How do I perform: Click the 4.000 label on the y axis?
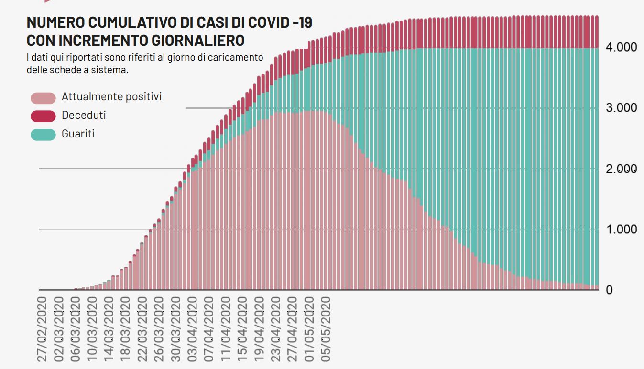(622, 47)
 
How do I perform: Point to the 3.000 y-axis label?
(622, 108)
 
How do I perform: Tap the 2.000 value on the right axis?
(622, 169)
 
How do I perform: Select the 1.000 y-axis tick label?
(622, 230)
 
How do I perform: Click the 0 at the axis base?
(609, 290)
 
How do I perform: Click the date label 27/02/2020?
(42, 329)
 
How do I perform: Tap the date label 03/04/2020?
(193, 329)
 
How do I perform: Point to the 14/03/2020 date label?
(109, 329)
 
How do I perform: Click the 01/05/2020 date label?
(310, 329)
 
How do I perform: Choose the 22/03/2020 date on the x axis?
(142, 329)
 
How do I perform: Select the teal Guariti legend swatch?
(43, 135)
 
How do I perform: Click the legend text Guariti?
(78, 134)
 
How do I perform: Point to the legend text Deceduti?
(84, 116)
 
